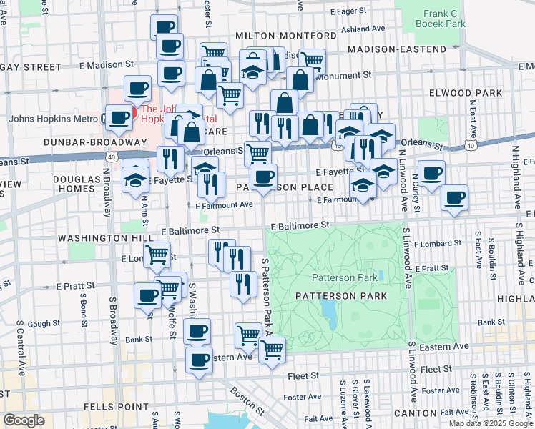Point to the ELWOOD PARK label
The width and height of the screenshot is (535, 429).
(461, 93)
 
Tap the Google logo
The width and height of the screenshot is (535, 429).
(24, 420)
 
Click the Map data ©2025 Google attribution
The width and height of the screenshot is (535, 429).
(490, 423)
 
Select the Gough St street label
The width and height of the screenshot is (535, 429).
(44, 324)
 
